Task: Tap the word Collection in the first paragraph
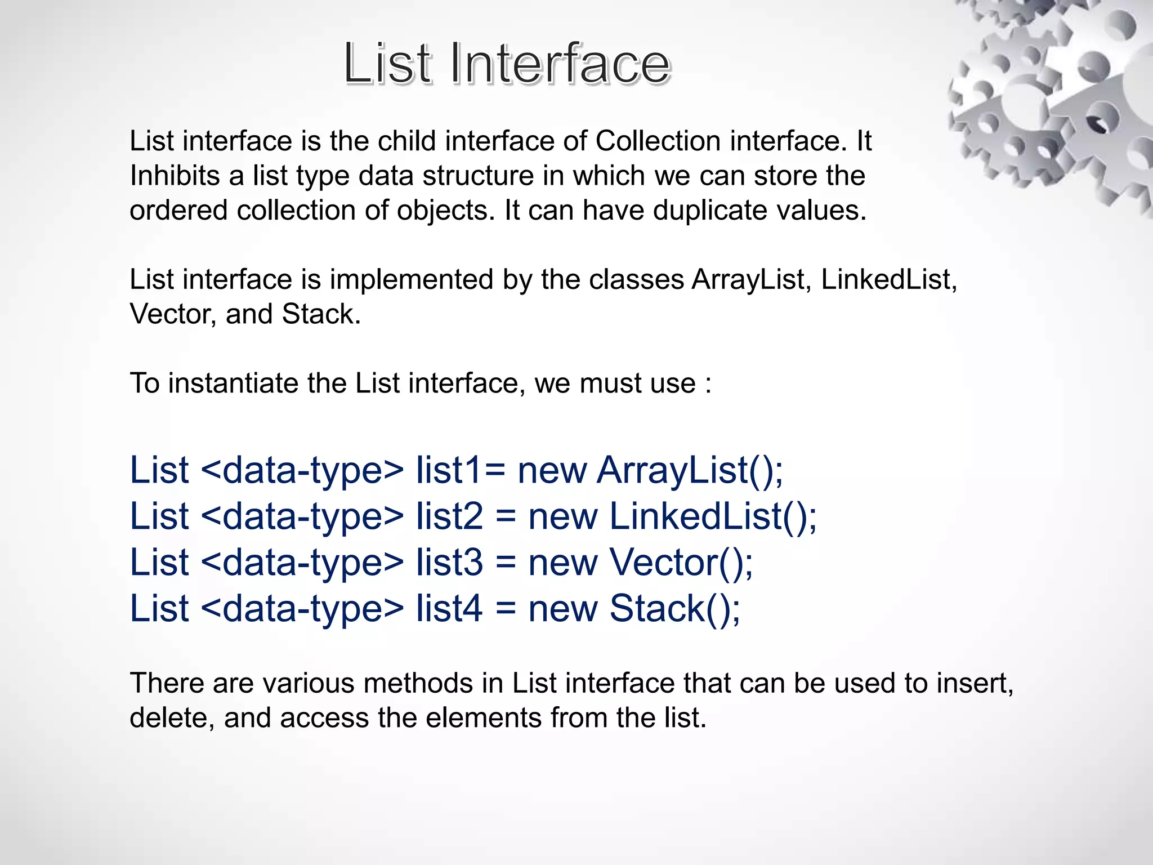coord(658,141)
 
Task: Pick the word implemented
coord(411,280)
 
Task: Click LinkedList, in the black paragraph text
coord(888,280)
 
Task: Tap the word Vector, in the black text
coord(173,314)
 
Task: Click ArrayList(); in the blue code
coord(690,470)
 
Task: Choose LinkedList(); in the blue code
coord(713,516)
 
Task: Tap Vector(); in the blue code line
coord(681,563)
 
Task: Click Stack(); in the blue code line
coord(674,609)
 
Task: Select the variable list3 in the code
coord(449,563)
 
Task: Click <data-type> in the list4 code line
coord(302,609)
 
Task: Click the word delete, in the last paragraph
coord(172,718)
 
